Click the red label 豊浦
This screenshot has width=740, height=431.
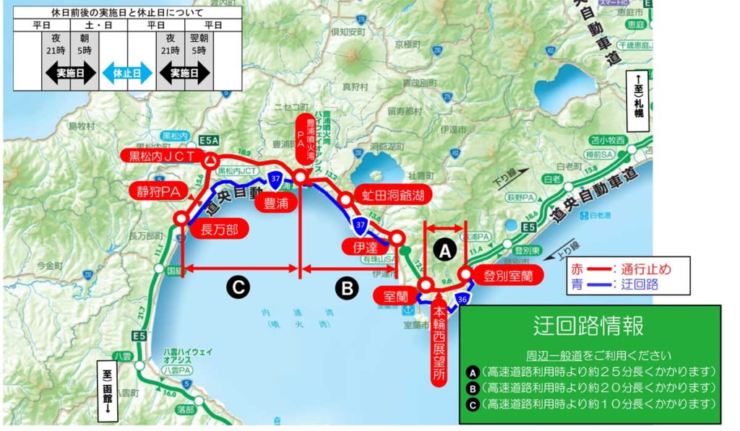click(x=275, y=203)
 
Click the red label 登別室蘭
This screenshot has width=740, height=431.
click(x=508, y=276)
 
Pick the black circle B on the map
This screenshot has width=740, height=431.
click(x=347, y=289)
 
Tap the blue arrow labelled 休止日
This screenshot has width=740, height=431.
click(x=127, y=73)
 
